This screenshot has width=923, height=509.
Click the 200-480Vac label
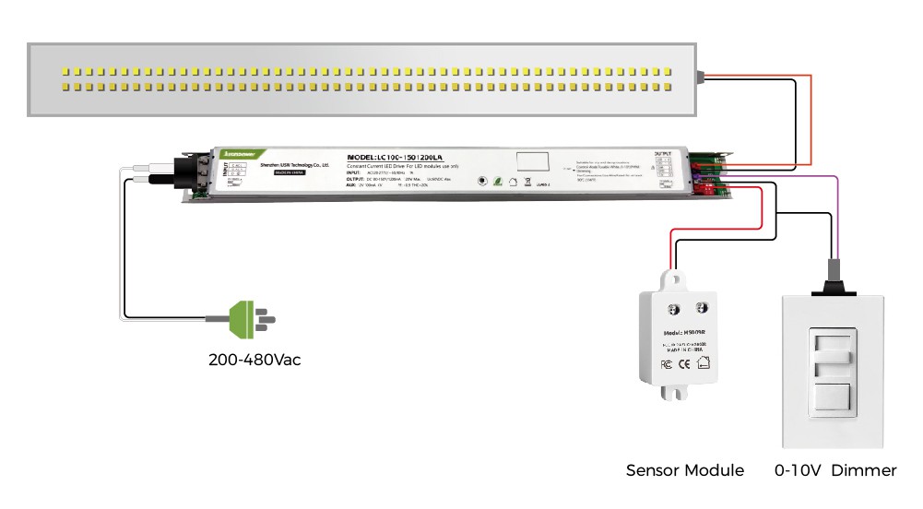point(254,360)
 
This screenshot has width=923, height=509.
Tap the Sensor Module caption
point(685,470)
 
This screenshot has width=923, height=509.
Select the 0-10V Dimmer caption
point(835,470)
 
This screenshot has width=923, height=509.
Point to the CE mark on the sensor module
point(684,363)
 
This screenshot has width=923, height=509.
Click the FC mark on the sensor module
point(666,363)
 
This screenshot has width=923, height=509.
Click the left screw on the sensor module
point(673,306)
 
